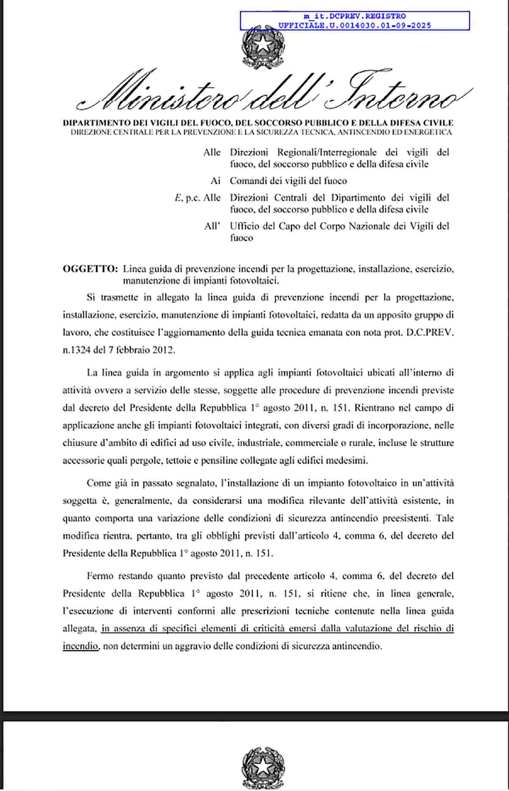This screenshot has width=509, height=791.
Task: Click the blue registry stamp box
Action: pos(355,21)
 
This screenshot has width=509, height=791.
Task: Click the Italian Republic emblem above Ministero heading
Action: pos(263,49)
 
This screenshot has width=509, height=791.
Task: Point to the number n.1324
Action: pos(77,350)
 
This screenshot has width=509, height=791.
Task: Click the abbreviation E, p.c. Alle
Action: pos(198,198)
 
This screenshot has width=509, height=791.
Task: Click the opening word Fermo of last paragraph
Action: pos(100,576)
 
